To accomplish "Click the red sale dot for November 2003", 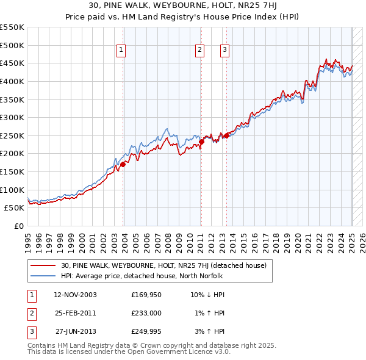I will coord(123,164).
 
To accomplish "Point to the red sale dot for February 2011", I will coord(201,142).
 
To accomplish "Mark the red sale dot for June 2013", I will coord(226,135).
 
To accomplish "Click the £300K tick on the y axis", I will coord(13,117).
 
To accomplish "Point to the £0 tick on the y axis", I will coord(19,226).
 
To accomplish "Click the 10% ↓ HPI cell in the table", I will coord(207,295).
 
